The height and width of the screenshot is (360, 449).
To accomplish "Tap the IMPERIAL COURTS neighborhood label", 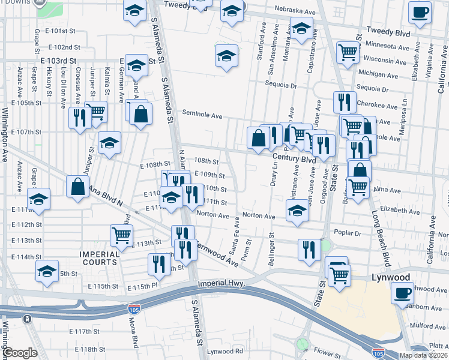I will click(99, 258).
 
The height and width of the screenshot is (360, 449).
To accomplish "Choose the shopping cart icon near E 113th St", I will click(121, 235).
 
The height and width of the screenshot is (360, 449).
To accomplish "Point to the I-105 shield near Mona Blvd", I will click(134, 310).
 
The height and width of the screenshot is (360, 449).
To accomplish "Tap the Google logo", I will click(20, 353).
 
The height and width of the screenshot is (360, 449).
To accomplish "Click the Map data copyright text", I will click(423, 355).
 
